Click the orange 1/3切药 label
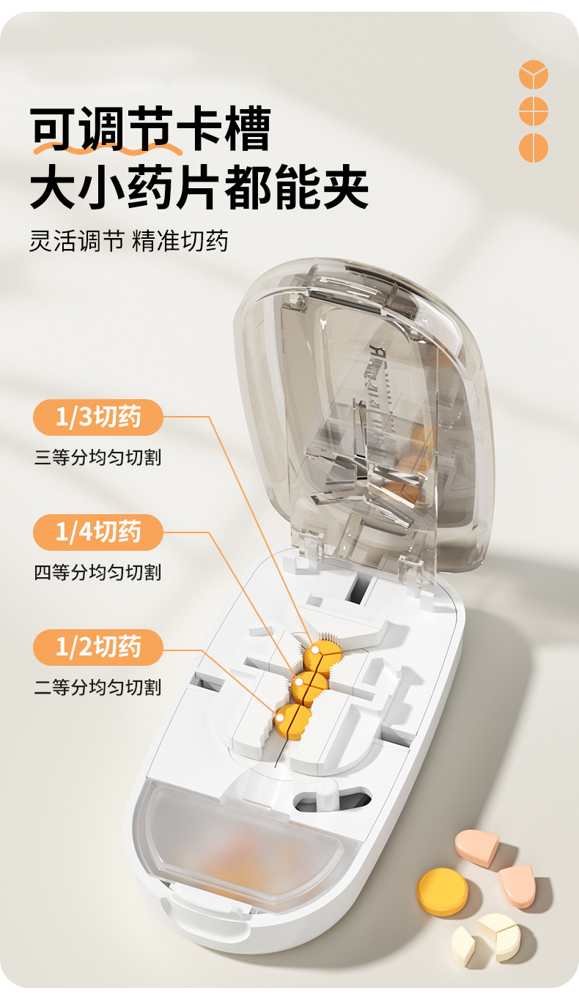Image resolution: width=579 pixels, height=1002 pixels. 98,417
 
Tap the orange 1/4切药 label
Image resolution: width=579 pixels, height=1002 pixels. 98,532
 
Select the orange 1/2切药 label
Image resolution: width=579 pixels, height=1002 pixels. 98,647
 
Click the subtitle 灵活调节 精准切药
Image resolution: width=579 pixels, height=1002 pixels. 129,241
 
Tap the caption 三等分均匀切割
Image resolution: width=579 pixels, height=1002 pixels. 97,458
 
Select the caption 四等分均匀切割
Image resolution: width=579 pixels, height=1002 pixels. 97,572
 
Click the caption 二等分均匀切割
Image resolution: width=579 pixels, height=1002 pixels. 97,687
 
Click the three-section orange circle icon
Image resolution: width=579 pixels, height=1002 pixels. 534,74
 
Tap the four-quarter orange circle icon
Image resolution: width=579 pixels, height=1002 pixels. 534,111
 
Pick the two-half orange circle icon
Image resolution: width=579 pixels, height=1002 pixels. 534,148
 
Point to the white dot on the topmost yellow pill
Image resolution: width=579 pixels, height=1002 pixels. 315,648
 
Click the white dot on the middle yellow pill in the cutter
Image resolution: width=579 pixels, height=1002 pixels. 299,683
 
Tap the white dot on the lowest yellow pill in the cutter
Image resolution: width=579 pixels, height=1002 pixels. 280,718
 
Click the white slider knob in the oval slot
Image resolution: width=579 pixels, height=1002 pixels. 328,795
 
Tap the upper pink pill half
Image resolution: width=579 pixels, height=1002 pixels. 477,847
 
